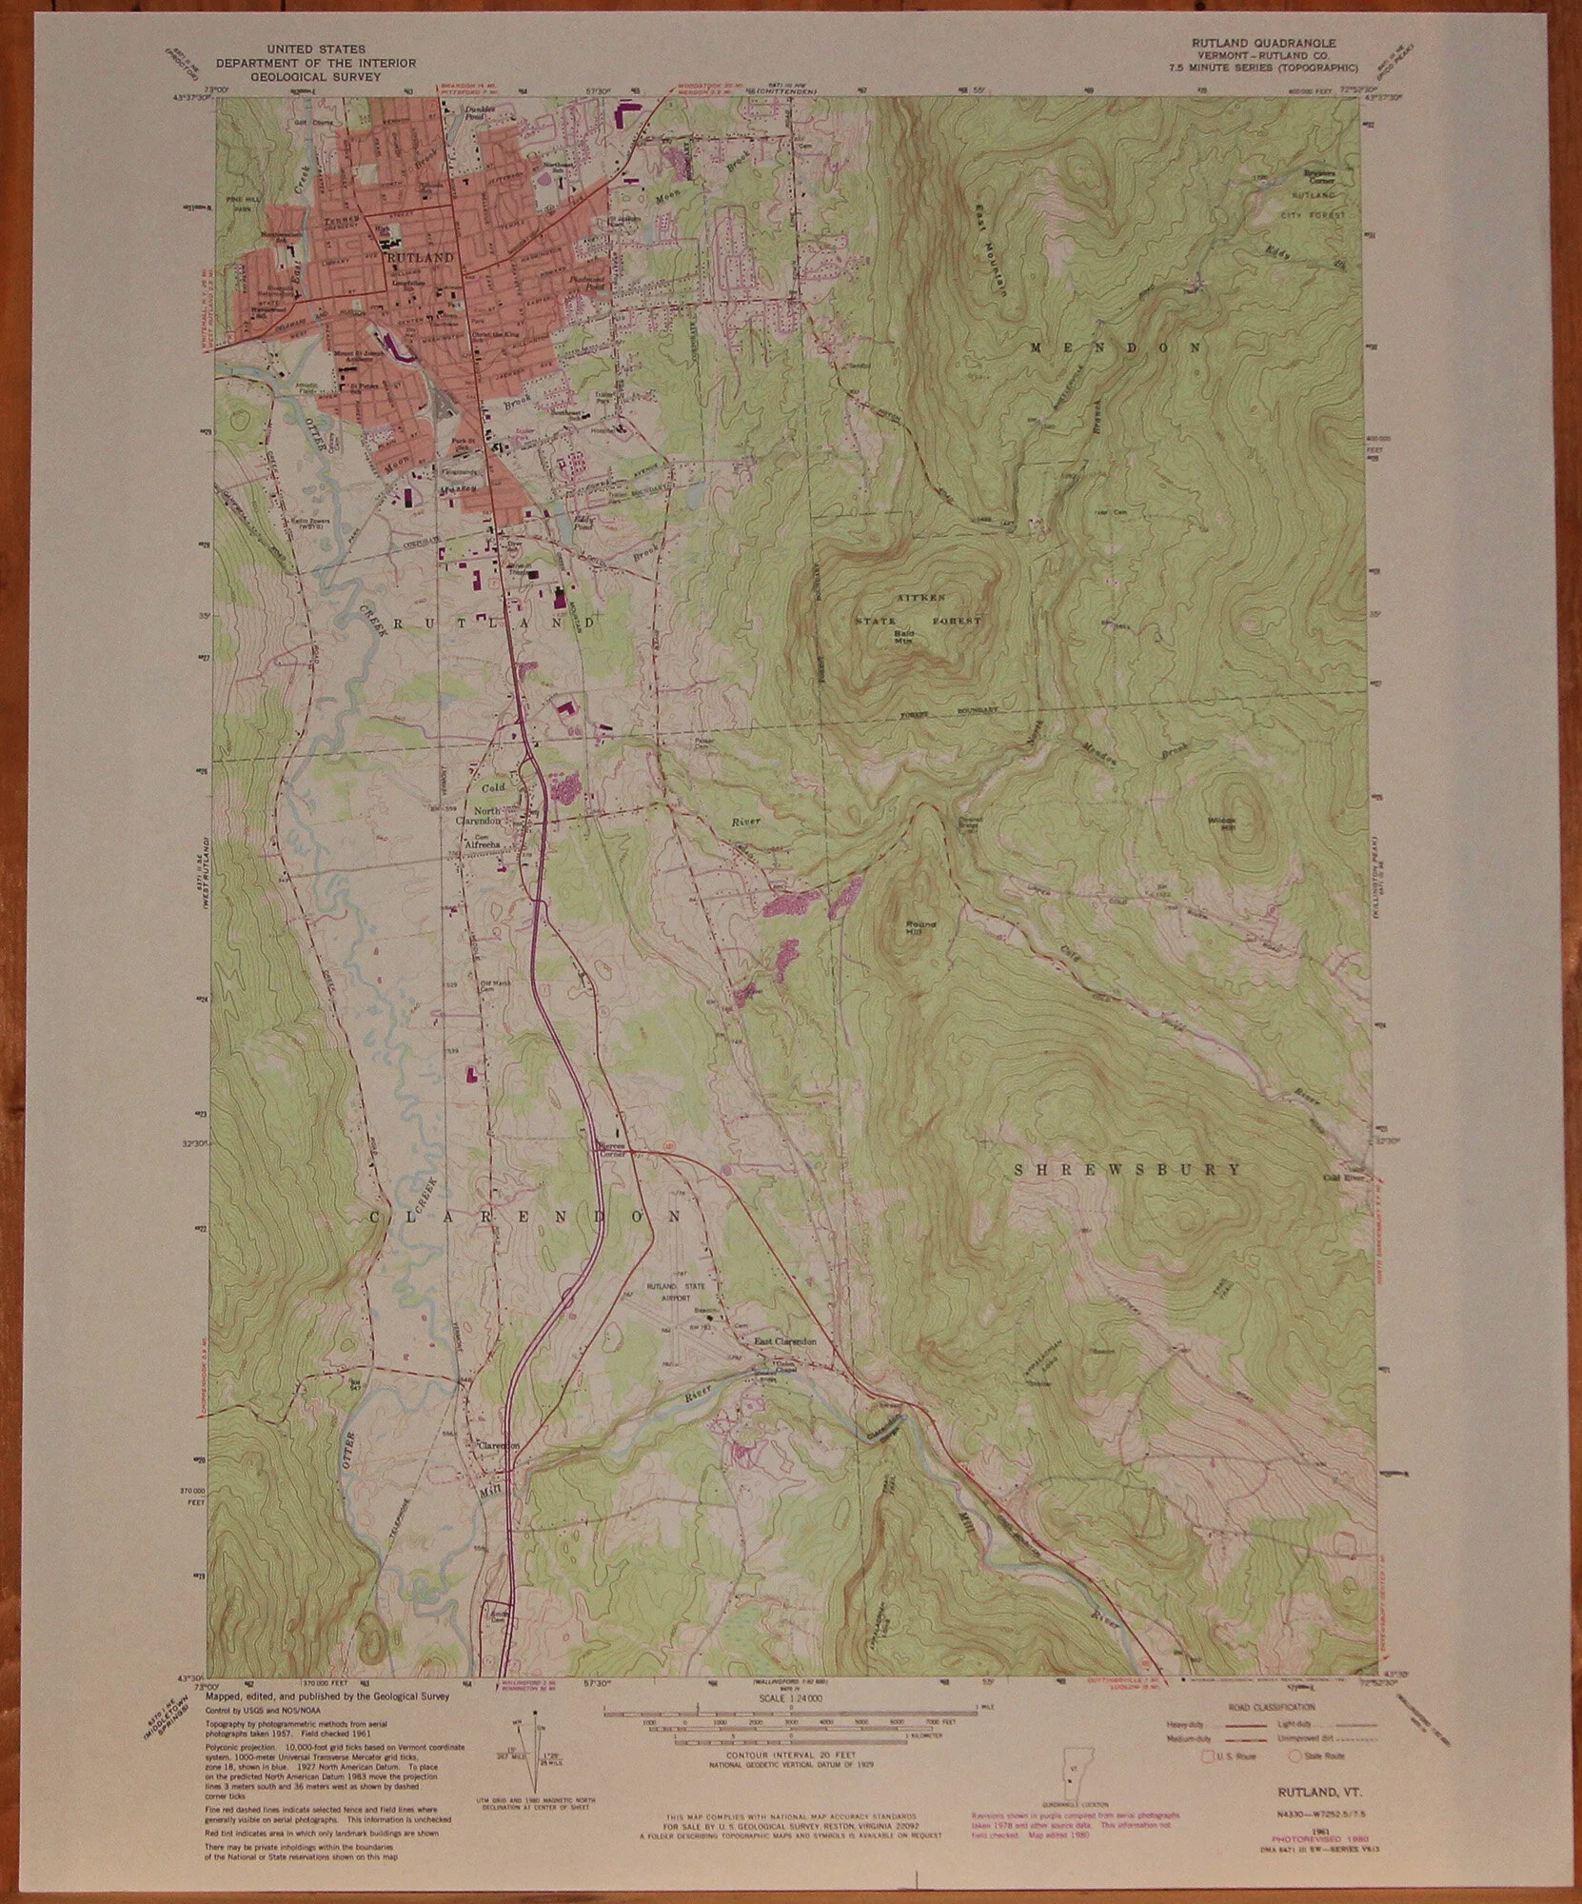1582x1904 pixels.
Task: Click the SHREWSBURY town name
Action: tap(1122, 1170)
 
